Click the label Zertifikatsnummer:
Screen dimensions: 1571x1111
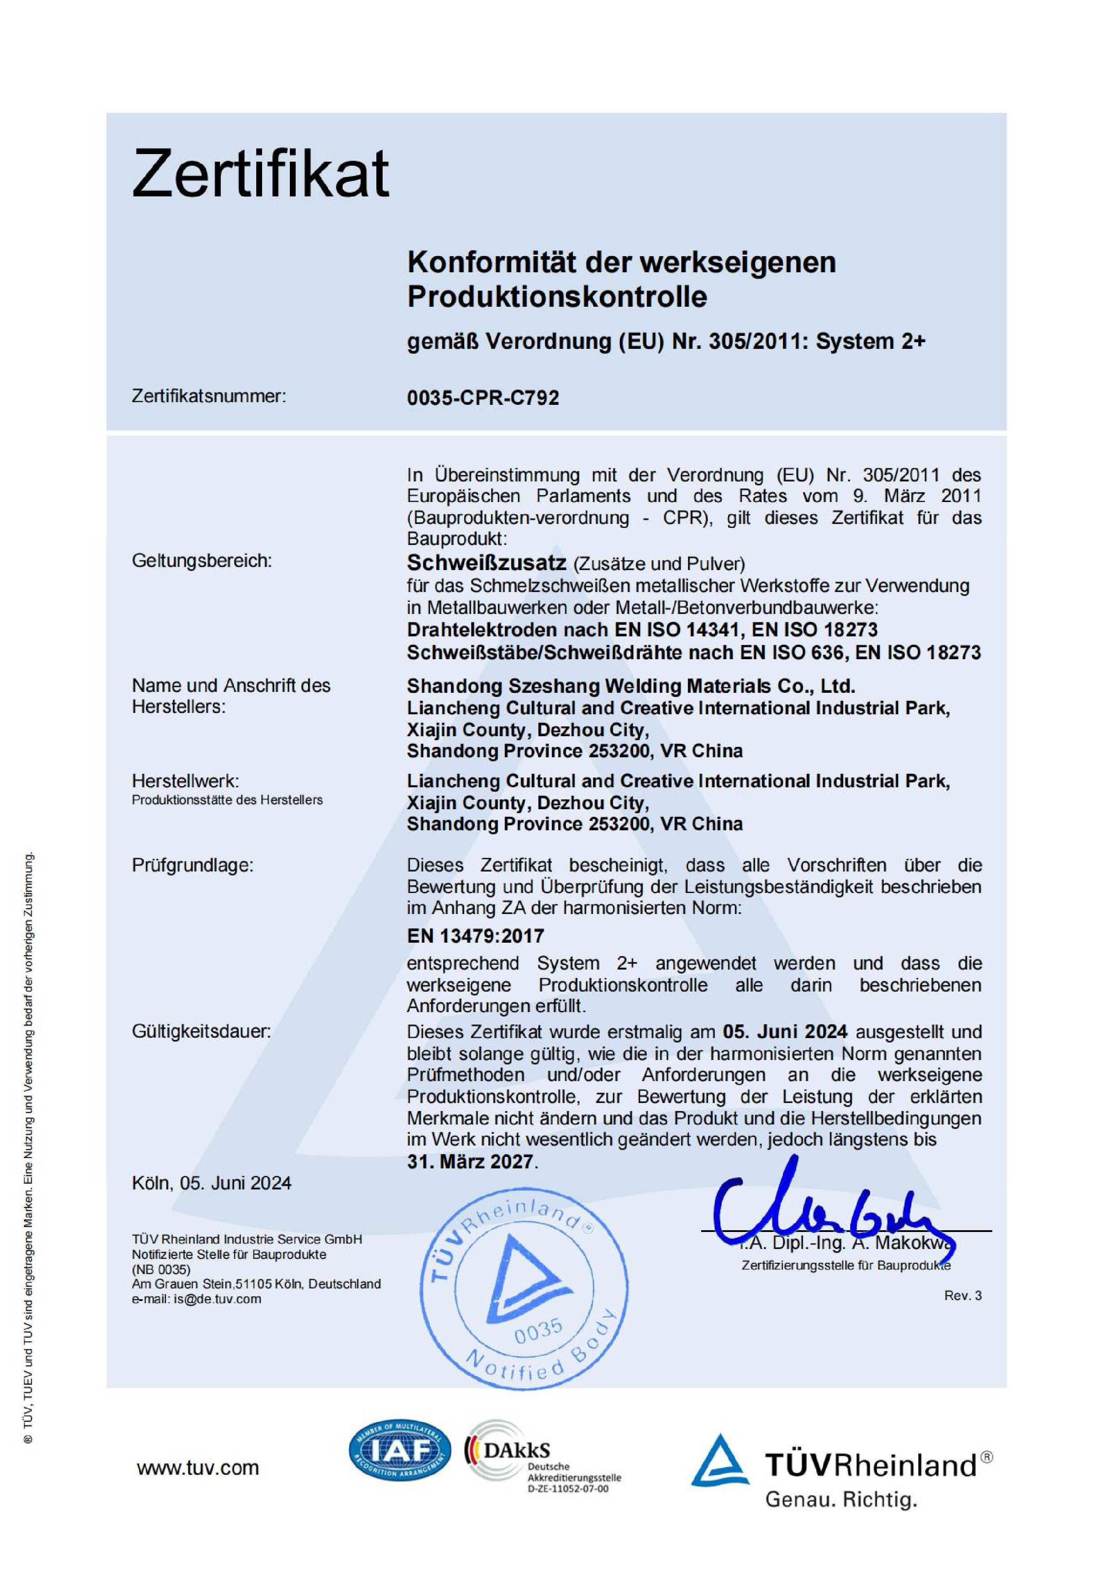click(209, 396)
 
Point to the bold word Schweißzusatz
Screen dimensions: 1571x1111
click(486, 562)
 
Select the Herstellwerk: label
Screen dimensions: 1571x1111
click(185, 781)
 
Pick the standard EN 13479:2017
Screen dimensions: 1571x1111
click(475, 936)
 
